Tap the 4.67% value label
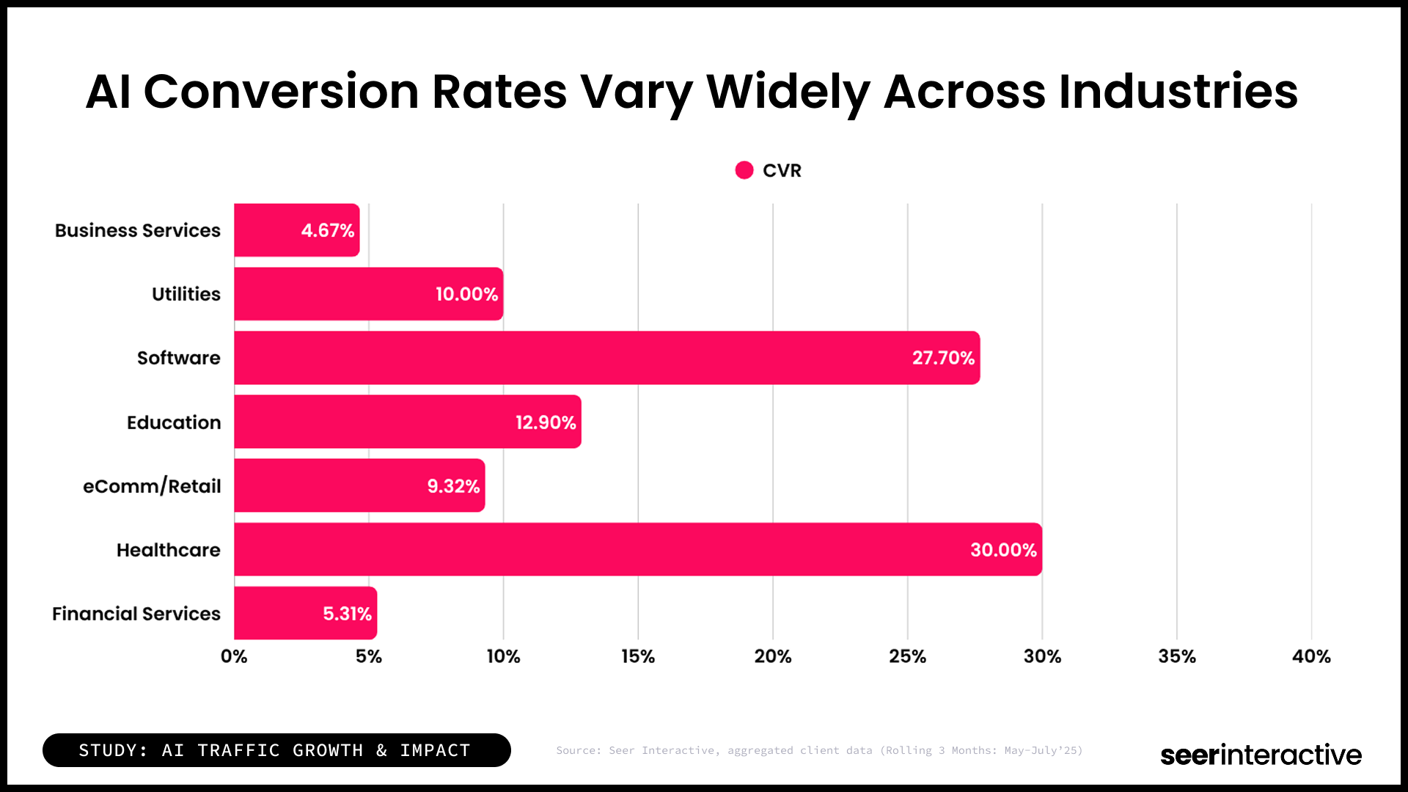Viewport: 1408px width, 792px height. point(327,230)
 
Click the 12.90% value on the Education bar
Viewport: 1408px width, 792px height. point(546,422)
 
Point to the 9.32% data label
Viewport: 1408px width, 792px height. point(453,486)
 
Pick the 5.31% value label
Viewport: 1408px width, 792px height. point(347,614)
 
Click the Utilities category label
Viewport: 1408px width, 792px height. point(186,294)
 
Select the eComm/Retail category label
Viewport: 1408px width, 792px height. point(152,486)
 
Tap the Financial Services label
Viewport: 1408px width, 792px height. point(136,614)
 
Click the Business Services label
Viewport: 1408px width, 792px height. point(138,230)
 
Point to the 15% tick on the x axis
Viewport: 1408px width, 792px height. point(638,656)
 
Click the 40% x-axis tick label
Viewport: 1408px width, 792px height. point(1311,656)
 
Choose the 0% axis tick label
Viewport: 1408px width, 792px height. point(234,656)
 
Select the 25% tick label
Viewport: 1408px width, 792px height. point(907,656)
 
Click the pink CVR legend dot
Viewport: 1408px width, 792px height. point(744,170)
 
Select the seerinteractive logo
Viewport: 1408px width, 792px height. point(1261,754)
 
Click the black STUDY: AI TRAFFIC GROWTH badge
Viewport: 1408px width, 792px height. point(276,750)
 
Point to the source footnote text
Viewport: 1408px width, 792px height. point(819,750)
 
